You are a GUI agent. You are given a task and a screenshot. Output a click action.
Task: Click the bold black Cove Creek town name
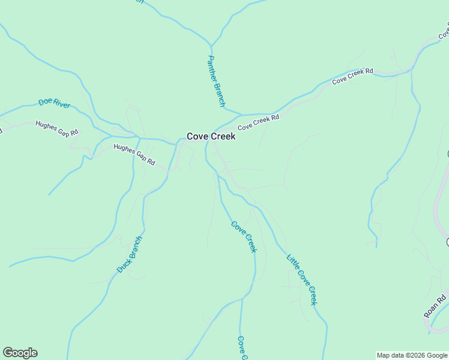[x=211, y=136]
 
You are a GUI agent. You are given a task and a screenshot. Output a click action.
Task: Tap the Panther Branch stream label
[x=216, y=82]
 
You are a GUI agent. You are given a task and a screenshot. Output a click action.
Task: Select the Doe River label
[x=55, y=103]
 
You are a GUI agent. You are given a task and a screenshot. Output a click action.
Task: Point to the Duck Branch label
[x=130, y=255]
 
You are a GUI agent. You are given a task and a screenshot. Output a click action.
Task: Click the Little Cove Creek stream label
[x=301, y=280]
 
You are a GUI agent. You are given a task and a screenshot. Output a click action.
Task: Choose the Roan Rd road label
[x=435, y=306]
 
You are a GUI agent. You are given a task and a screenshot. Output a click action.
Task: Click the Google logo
[x=20, y=353]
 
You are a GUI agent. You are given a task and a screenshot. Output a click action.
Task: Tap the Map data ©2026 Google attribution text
[x=412, y=355]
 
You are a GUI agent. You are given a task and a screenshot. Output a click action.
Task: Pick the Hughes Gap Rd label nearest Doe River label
[x=56, y=128]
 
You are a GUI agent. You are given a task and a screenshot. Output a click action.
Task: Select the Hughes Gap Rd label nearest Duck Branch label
[x=134, y=155]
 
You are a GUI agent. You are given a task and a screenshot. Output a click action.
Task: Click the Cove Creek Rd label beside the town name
[x=258, y=123]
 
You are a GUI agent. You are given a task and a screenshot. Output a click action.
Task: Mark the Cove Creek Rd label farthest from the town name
[x=352, y=75]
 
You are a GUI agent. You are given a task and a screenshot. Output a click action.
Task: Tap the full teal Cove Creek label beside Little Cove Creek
[x=244, y=237]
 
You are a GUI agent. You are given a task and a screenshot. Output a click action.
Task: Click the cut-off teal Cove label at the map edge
[x=242, y=348]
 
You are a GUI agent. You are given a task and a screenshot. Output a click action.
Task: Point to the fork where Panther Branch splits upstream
[x=211, y=45]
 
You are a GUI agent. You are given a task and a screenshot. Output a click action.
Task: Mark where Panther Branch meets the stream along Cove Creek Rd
[x=241, y=114]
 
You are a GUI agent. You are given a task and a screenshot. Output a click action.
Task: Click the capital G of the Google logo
[x=8, y=353]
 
